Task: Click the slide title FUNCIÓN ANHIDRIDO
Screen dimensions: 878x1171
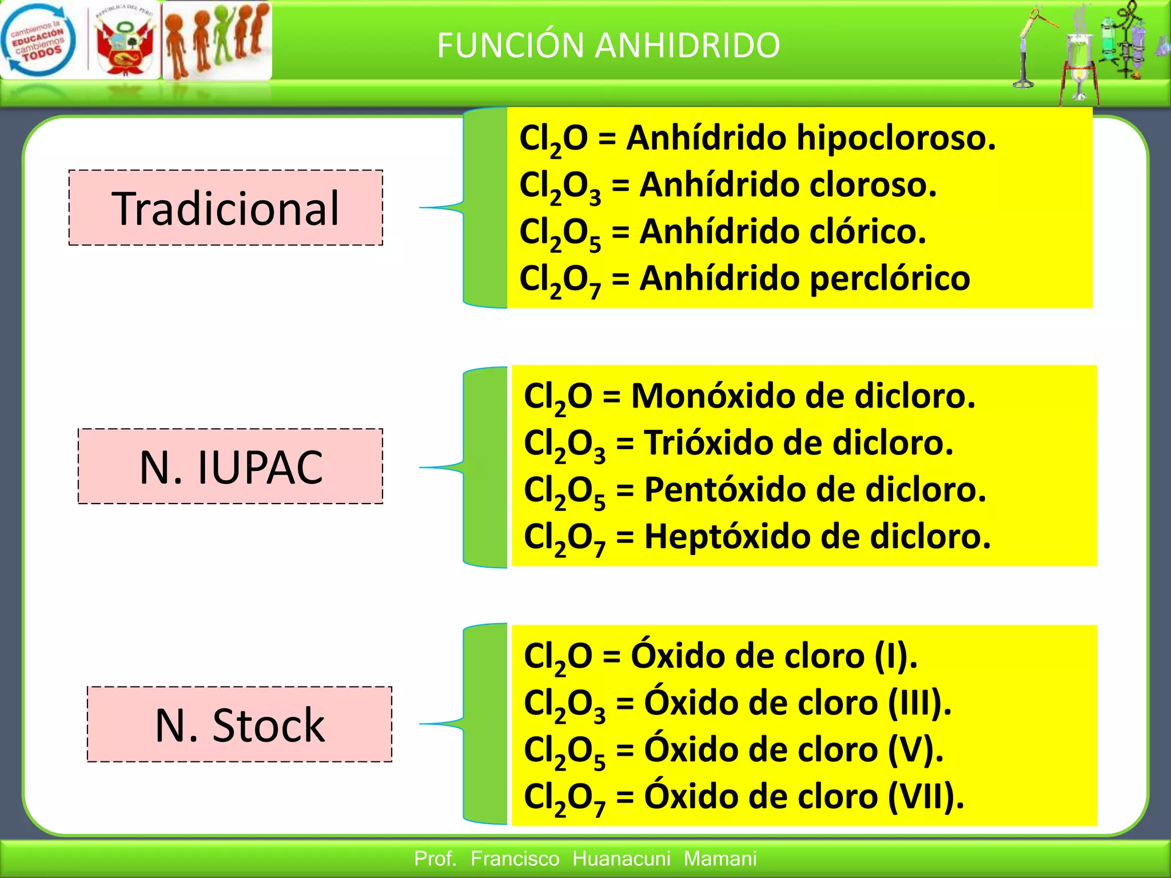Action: [608, 46]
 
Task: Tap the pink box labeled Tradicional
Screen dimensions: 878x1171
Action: [226, 208]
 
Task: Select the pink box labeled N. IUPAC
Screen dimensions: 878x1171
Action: [230, 466]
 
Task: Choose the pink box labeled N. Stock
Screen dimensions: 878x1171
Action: [240, 724]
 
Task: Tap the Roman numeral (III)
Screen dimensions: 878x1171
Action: [919, 703]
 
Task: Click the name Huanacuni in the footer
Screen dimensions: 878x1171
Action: [621, 859]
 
